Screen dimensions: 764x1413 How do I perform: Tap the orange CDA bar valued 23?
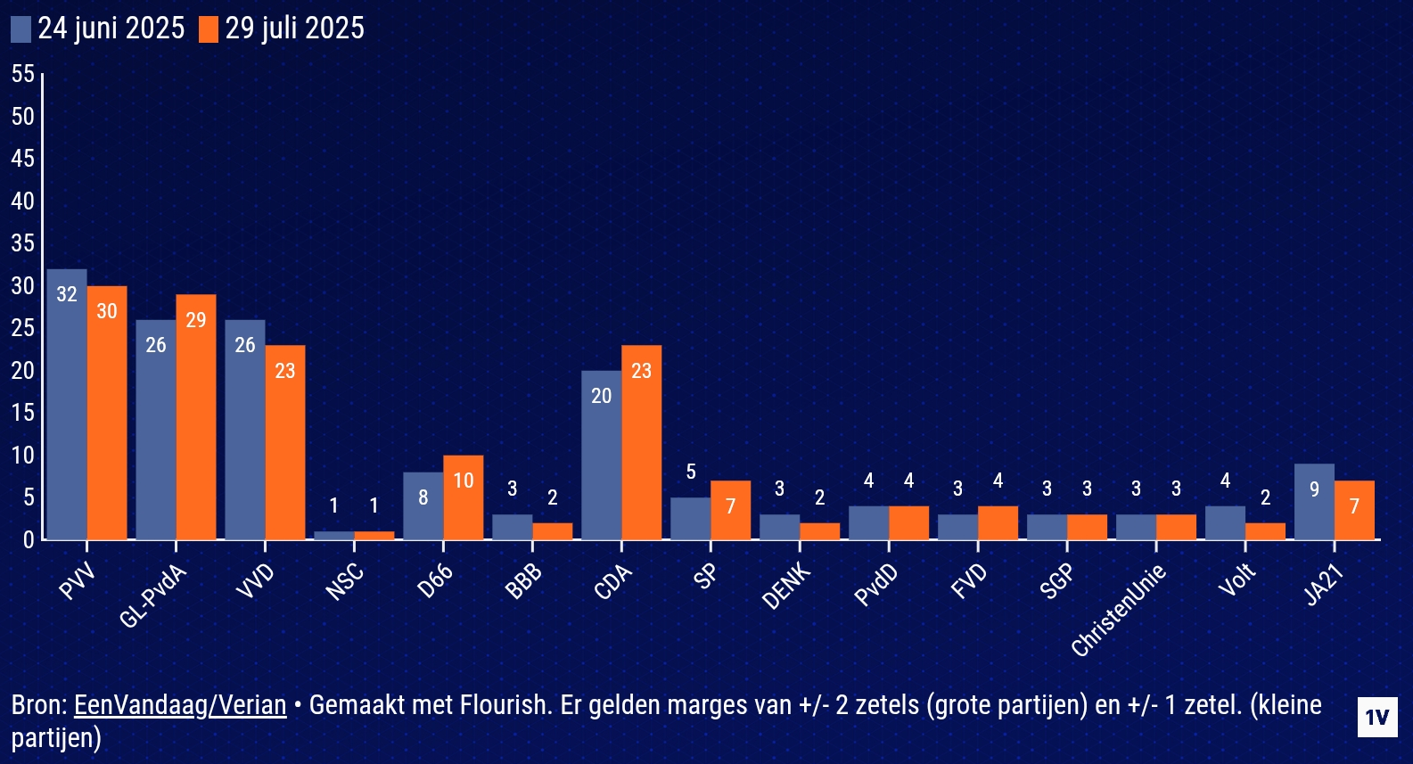tap(642, 442)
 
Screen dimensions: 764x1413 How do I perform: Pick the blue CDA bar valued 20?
tap(602, 455)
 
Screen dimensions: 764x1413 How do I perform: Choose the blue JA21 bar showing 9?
tap(1314, 502)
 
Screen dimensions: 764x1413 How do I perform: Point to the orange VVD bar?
tap(285, 442)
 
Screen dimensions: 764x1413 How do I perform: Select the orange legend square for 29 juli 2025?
tap(209, 29)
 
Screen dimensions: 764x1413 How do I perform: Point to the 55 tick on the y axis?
tap(23, 74)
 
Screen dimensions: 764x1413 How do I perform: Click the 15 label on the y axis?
tap(23, 413)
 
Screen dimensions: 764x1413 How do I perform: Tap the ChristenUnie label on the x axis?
tap(1120, 611)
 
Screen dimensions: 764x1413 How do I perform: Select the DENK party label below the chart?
tap(787, 586)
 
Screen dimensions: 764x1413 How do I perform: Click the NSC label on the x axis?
tap(345, 582)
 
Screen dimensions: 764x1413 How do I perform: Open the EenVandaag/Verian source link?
tap(180, 705)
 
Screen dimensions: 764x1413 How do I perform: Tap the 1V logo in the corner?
tap(1376, 718)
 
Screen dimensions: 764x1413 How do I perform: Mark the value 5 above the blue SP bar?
tap(691, 472)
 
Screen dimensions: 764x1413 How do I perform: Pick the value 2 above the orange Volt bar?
tap(1265, 497)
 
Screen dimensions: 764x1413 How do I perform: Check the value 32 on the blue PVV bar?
tap(67, 294)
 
